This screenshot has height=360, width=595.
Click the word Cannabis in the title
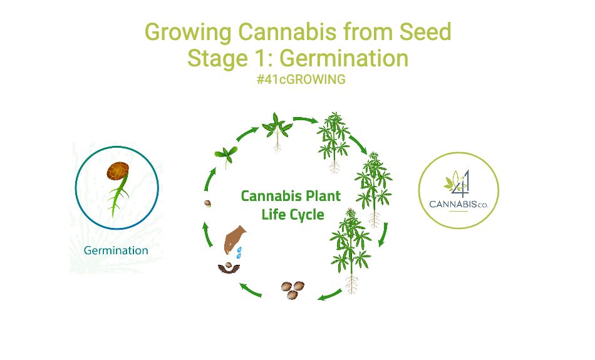pyautogui.click(x=287, y=31)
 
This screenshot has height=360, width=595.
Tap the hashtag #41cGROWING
pyautogui.click(x=301, y=80)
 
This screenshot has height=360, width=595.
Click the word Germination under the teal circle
pyautogui.click(x=116, y=250)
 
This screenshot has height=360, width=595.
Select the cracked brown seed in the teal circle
pyautogui.click(x=118, y=171)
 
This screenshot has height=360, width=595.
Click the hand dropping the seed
pyautogui.click(x=234, y=239)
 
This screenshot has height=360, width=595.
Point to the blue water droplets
pyautogui.click(x=239, y=253)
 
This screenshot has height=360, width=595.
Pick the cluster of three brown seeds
pyautogui.click(x=292, y=290)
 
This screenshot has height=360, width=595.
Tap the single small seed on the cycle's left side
pyautogui.click(x=207, y=203)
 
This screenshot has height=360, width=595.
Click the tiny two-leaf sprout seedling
pyautogui.click(x=225, y=155)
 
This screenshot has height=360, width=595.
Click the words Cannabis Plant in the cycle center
pyautogui.click(x=291, y=196)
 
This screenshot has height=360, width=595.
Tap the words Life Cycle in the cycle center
pyautogui.click(x=292, y=215)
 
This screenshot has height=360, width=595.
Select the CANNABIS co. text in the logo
pyautogui.click(x=458, y=205)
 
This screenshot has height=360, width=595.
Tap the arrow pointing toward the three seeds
pyautogui.click(x=329, y=295)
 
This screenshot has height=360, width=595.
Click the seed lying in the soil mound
pyautogui.click(x=229, y=265)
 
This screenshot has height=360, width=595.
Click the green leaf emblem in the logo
pyautogui.click(x=452, y=182)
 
